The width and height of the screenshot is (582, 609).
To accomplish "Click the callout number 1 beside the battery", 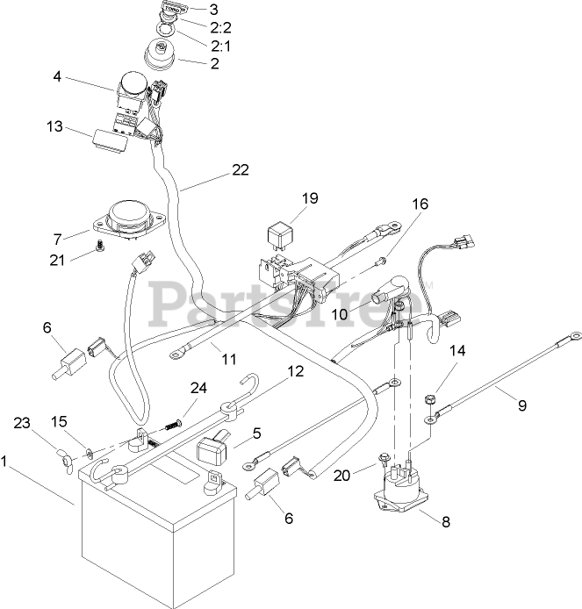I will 7,459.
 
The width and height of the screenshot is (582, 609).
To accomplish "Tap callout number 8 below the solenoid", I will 446,522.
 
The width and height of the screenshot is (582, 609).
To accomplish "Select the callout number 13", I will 54,126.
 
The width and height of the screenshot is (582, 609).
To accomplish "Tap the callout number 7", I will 59,238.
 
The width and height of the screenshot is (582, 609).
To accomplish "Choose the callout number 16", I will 420,204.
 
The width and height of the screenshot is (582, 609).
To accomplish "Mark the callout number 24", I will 199,387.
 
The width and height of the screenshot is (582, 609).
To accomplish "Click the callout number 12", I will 296,371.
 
